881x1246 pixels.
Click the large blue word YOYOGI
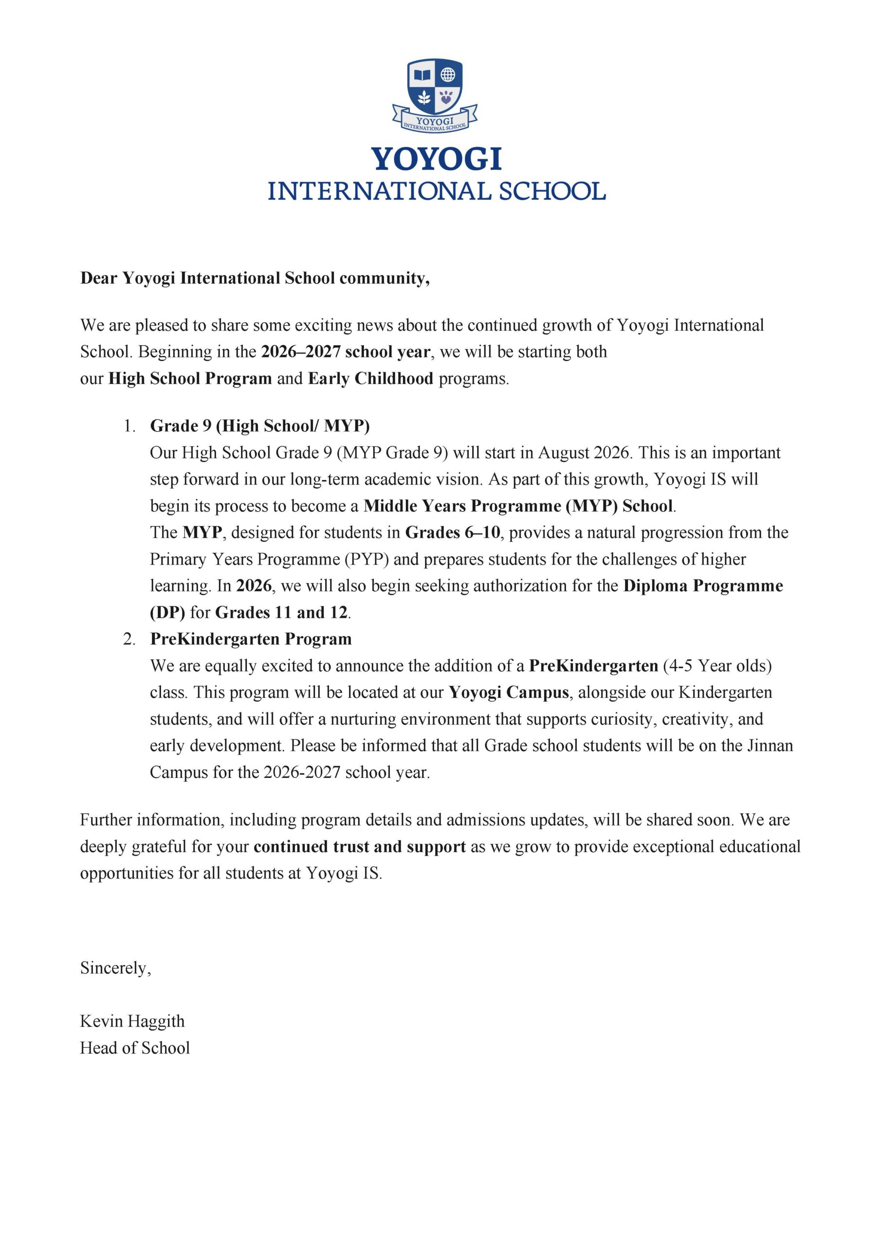[437, 160]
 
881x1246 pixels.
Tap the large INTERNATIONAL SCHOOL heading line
[437, 192]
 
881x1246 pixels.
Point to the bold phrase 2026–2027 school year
[346, 352]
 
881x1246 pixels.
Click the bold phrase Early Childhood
[371, 378]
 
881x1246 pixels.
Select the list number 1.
[128, 426]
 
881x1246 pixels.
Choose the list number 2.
[128, 639]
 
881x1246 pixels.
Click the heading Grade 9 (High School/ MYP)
[259, 426]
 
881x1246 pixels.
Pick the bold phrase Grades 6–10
[453, 532]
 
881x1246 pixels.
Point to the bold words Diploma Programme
[703, 586]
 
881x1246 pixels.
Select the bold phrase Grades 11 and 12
[281, 612]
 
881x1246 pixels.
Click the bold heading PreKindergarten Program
[251, 639]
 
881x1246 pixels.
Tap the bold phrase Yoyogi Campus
[509, 692]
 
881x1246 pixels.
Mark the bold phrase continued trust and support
[359, 846]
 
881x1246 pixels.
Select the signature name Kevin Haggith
[132, 1021]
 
